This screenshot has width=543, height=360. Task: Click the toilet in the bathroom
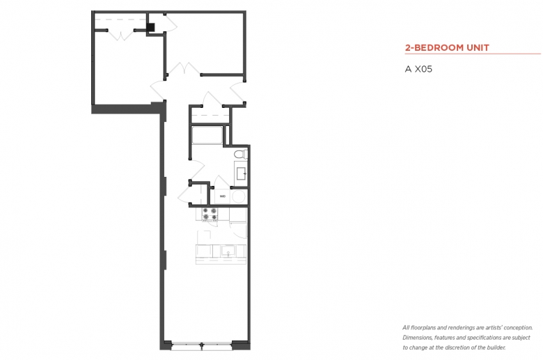click(241, 154)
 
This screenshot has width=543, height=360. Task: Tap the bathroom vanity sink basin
click(242, 173)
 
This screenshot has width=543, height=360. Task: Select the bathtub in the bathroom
click(207, 135)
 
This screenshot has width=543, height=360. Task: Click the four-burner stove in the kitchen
click(210, 214)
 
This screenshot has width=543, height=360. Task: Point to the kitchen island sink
click(228, 251)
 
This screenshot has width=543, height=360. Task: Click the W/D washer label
click(222, 196)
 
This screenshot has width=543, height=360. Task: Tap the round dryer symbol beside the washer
click(239, 197)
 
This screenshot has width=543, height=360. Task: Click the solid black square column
click(151, 27)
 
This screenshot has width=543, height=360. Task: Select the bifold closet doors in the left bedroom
click(121, 36)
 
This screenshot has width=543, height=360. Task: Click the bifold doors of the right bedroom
click(184, 69)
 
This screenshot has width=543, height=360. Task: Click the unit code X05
click(423, 69)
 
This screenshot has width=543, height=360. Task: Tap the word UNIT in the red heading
click(478, 48)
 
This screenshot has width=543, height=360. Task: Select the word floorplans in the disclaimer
click(423, 328)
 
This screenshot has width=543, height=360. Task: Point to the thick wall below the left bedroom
click(127, 109)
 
